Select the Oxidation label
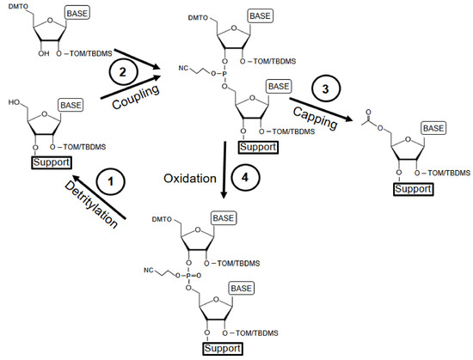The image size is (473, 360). click(x=188, y=177)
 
